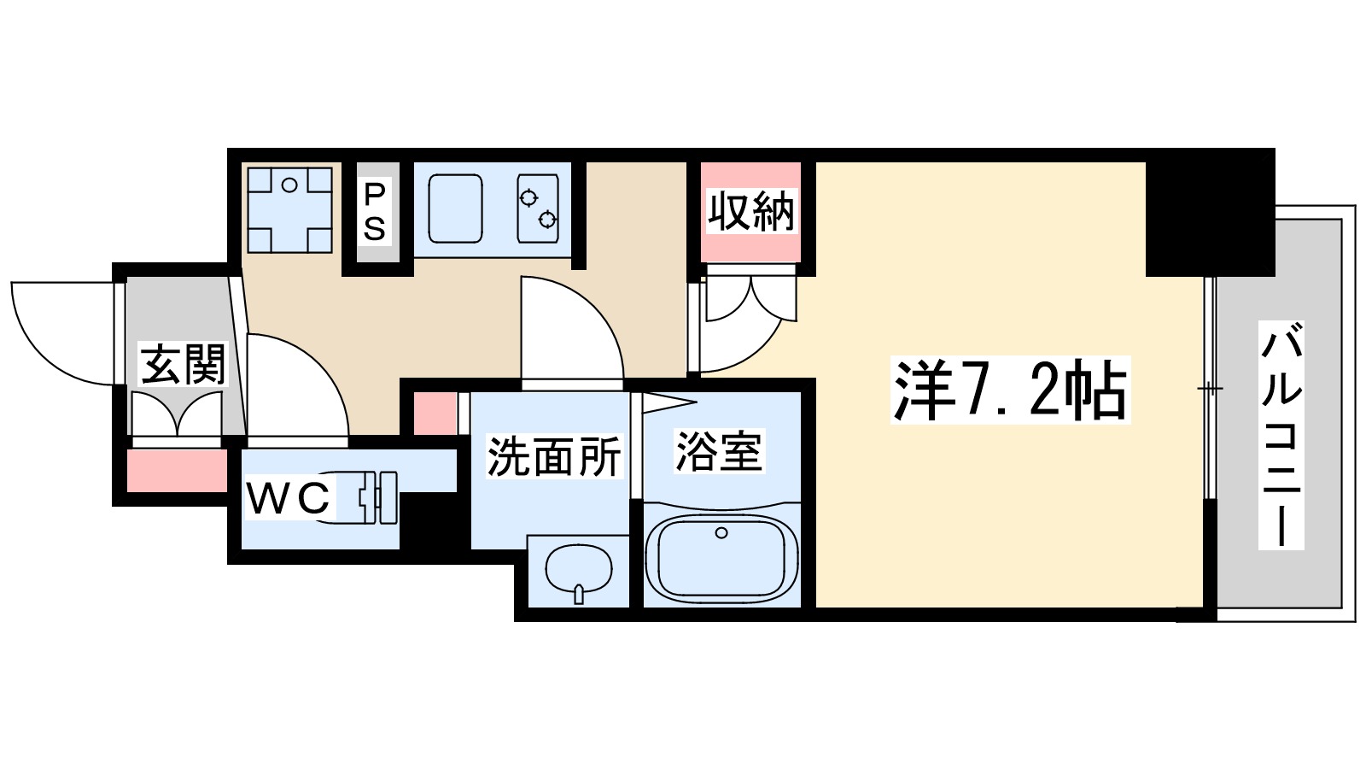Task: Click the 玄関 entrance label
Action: (x=183, y=365)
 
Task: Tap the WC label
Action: (x=288, y=499)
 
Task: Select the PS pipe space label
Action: (x=375, y=211)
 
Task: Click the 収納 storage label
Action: (x=750, y=211)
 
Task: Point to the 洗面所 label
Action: (x=553, y=457)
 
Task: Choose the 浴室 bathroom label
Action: (x=719, y=451)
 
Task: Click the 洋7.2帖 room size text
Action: (x=1010, y=390)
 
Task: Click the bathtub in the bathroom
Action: (x=721, y=558)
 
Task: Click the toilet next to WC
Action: (x=367, y=497)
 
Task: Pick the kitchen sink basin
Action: (x=455, y=209)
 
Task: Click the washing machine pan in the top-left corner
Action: (x=289, y=208)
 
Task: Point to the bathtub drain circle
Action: (x=721, y=533)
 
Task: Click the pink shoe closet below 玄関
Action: (x=177, y=471)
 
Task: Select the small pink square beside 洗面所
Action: (x=435, y=413)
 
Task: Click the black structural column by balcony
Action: (x=1209, y=214)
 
